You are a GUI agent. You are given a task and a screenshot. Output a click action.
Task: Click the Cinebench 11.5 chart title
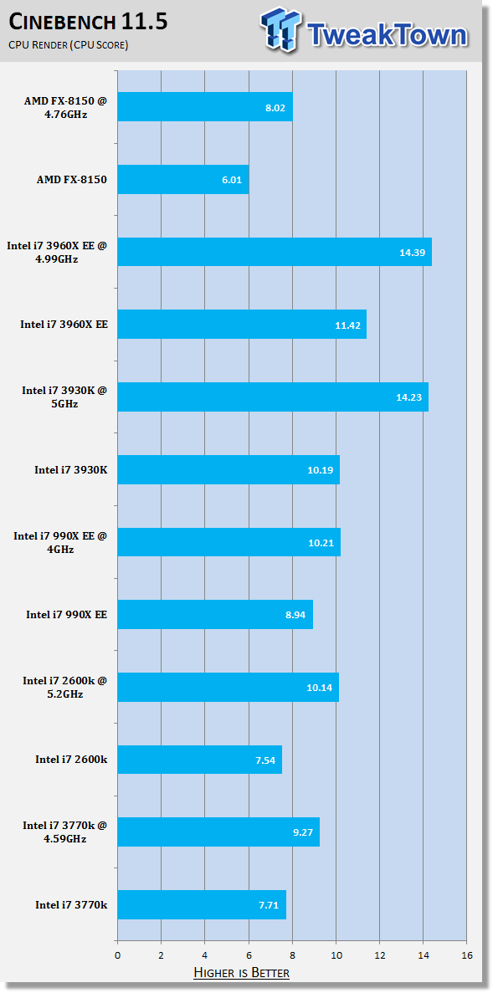pyautogui.click(x=88, y=22)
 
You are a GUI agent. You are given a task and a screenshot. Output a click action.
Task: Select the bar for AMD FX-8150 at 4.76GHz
pyautogui.click(x=205, y=107)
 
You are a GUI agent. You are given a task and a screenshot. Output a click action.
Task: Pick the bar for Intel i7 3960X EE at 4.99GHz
pyautogui.click(x=275, y=252)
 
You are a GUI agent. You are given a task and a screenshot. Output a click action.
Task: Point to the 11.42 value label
pyautogui.click(x=347, y=325)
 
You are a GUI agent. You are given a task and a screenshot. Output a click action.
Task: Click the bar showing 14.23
pyautogui.click(x=273, y=397)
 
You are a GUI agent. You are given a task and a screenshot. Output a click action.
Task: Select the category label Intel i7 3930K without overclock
pyautogui.click(x=71, y=470)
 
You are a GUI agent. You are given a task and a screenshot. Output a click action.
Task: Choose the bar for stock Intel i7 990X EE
pyautogui.click(x=215, y=614)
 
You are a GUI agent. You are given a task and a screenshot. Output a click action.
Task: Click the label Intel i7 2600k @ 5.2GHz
pyautogui.click(x=65, y=687)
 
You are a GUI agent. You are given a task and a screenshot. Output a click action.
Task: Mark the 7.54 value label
pyautogui.click(x=264, y=760)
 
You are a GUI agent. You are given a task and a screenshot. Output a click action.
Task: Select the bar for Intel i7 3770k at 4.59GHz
pyautogui.click(x=218, y=832)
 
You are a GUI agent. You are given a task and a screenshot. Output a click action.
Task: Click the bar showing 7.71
pyautogui.click(x=203, y=904)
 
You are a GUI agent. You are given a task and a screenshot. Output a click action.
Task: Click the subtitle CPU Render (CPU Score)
pyautogui.click(x=69, y=45)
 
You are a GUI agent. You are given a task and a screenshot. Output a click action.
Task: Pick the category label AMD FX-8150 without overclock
pyautogui.click(x=72, y=180)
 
